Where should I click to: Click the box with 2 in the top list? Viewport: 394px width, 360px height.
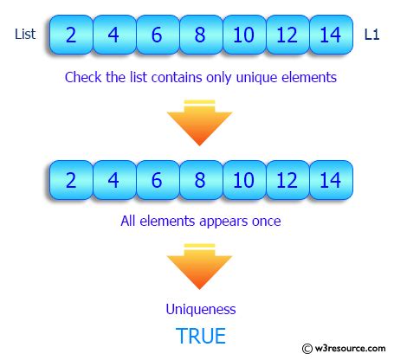71,35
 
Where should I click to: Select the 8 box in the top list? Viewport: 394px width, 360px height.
201,35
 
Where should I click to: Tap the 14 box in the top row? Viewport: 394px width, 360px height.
331,35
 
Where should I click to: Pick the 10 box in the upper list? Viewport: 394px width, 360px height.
244,35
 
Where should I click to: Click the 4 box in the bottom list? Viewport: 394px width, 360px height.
114,180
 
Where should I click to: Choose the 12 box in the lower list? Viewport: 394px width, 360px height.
287,180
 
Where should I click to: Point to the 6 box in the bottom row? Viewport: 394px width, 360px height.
158,180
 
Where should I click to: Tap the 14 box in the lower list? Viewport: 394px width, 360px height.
331,180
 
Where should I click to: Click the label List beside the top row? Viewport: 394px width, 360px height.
25,34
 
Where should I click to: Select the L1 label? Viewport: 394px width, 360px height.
371,35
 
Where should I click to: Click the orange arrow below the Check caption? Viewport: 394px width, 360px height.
199,123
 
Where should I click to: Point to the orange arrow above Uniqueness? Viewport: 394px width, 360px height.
199,267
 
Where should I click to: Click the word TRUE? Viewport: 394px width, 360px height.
201,336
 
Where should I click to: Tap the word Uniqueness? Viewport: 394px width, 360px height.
201,309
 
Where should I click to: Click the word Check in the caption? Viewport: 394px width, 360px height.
83,77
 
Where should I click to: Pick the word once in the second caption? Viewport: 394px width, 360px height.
267,222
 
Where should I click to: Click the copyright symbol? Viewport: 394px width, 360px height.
307,349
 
